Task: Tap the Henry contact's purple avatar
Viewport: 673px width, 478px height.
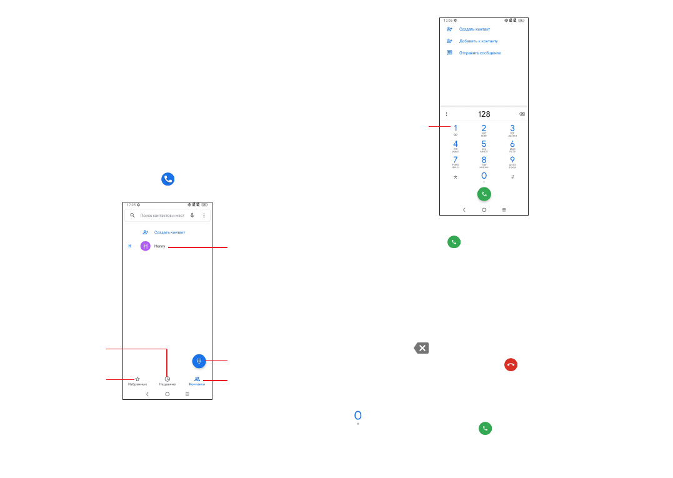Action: pyautogui.click(x=146, y=246)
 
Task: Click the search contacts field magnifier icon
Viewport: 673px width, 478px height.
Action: pyautogui.click(x=132, y=215)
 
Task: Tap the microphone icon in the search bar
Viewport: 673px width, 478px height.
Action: pyautogui.click(x=192, y=215)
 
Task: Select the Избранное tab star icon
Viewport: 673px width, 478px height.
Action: pyautogui.click(x=137, y=379)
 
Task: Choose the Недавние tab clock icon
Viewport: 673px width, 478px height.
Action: pyautogui.click(x=167, y=379)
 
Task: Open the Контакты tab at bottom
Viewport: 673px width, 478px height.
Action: pyautogui.click(x=197, y=381)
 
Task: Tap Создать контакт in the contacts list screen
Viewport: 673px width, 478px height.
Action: pyautogui.click(x=169, y=232)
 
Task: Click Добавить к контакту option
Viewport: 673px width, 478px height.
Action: pyautogui.click(x=478, y=41)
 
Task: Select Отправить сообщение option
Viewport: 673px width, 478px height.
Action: pyautogui.click(x=479, y=52)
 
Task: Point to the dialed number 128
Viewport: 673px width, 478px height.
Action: pyautogui.click(x=484, y=114)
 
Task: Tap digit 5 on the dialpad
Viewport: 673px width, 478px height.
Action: pyautogui.click(x=484, y=145)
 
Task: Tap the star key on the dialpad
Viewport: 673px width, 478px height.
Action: pyautogui.click(x=455, y=177)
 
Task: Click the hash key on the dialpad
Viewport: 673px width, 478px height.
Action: pyautogui.click(x=512, y=177)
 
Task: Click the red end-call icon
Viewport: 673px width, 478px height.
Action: pyautogui.click(x=512, y=365)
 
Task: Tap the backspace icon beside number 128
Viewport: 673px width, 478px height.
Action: pyautogui.click(x=522, y=114)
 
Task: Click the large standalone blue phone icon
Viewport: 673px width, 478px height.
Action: pyautogui.click(x=167, y=179)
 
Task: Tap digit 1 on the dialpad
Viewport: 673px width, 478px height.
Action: pyautogui.click(x=455, y=129)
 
